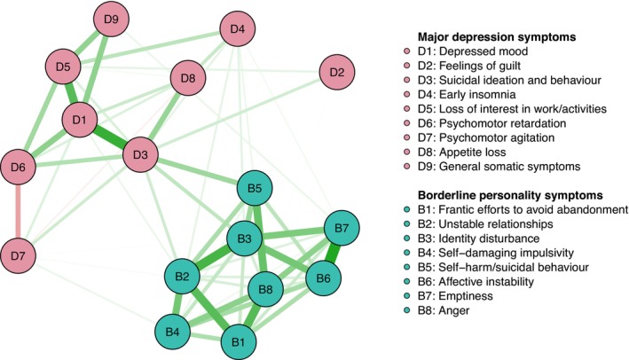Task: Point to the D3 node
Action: pyautogui.click(x=140, y=155)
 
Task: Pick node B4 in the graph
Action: pyautogui.click(x=173, y=333)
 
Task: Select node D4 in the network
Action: pyautogui.click(x=237, y=29)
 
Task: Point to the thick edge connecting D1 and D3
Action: pyautogui.click(x=110, y=137)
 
